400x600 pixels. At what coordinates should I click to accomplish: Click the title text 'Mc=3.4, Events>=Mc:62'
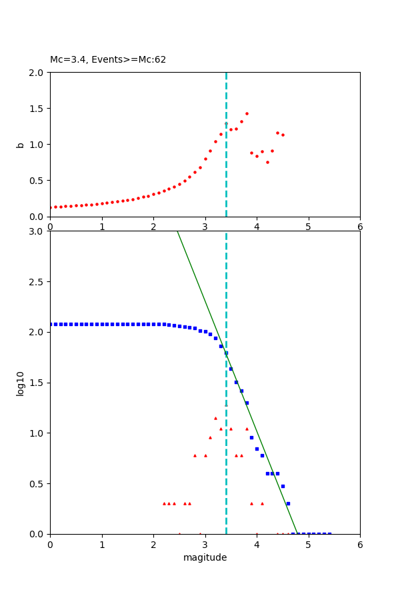pos(108,59)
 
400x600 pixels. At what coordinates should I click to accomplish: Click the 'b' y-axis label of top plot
pos(20,144)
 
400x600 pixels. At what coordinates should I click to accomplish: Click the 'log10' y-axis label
pos(20,383)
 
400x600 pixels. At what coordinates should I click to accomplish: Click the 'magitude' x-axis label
pos(205,557)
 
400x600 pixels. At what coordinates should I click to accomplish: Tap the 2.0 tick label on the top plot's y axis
pos(37,72)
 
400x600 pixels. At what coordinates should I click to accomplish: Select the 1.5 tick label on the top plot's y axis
pos(37,108)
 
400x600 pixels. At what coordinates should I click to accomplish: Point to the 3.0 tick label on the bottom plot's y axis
pos(37,231)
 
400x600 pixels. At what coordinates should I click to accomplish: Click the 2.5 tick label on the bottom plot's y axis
pos(37,282)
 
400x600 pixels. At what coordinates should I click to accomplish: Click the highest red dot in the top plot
pos(247,113)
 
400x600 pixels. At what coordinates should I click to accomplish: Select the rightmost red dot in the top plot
pos(283,135)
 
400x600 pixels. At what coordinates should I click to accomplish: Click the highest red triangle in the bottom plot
pos(215,418)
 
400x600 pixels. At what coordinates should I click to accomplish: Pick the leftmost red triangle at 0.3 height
pos(164,503)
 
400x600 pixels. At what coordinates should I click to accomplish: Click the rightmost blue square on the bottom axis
pos(329,533)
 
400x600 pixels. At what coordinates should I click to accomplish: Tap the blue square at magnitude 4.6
pos(288,503)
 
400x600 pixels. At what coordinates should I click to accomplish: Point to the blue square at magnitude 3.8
pos(247,403)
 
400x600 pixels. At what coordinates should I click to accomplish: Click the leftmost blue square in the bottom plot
pos(51,324)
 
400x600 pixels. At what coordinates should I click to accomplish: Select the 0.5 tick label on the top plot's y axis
pos(37,180)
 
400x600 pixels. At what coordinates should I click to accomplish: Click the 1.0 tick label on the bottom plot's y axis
pos(37,433)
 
